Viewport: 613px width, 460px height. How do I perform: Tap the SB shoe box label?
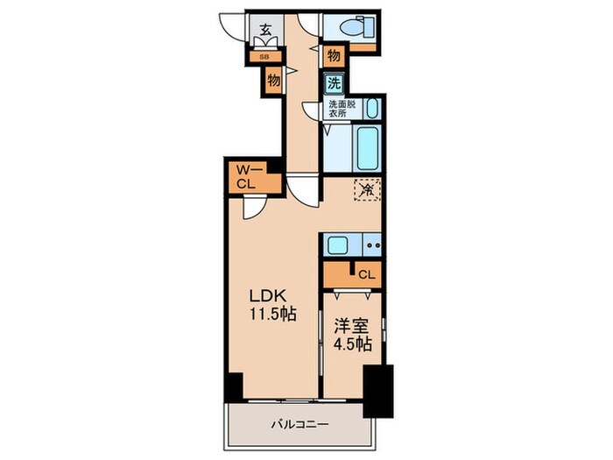click(x=264, y=57)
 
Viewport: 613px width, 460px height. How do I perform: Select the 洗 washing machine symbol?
click(x=334, y=83)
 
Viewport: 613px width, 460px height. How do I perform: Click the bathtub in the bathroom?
click(x=368, y=148)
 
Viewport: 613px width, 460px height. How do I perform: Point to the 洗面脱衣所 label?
click(x=342, y=109)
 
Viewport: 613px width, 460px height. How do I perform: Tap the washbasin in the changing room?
click(x=373, y=109)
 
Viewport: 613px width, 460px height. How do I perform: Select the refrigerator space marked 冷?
click(x=367, y=190)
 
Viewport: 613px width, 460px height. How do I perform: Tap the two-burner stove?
click(x=372, y=245)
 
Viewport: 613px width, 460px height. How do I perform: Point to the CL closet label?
click(x=367, y=274)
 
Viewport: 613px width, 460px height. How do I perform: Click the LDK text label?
click(x=269, y=296)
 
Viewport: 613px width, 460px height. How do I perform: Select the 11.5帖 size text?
click(x=273, y=314)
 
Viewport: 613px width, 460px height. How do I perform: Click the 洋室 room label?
click(x=350, y=326)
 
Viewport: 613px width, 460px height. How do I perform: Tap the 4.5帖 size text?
click(x=352, y=343)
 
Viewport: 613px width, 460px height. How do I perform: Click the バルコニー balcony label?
click(x=300, y=424)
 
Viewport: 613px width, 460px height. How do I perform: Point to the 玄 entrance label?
click(x=266, y=29)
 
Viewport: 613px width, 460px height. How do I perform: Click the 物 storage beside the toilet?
click(x=334, y=56)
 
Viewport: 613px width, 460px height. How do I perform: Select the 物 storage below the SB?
click(x=273, y=81)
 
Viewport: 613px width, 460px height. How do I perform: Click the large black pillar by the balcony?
click(x=378, y=391)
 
